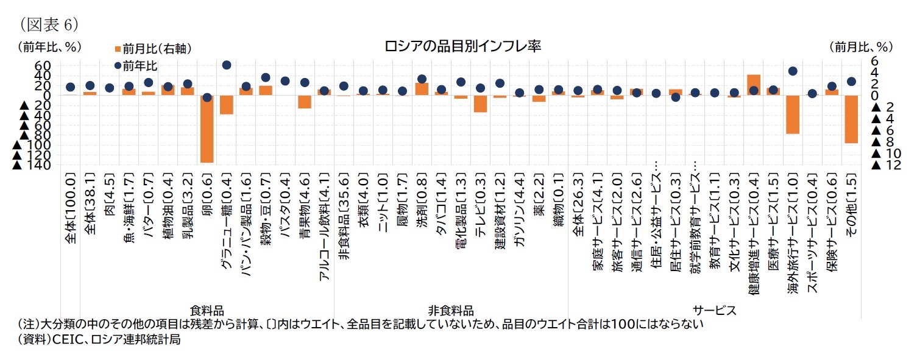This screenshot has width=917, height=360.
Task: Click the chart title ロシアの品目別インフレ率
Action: click(x=462, y=46)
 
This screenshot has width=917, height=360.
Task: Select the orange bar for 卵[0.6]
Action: click(x=207, y=129)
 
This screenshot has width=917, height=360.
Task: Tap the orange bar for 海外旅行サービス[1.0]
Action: click(x=792, y=114)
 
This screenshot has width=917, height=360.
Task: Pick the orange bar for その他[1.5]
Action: click(x=851, y=119)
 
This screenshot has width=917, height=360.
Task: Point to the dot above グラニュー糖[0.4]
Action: click(x=226, y=65)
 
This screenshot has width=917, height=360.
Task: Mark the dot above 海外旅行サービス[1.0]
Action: click(x=792, y=71)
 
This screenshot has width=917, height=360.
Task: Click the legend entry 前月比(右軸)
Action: click(x=144, y=49)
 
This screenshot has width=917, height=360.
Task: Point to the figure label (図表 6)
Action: click(x=49, y=24)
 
